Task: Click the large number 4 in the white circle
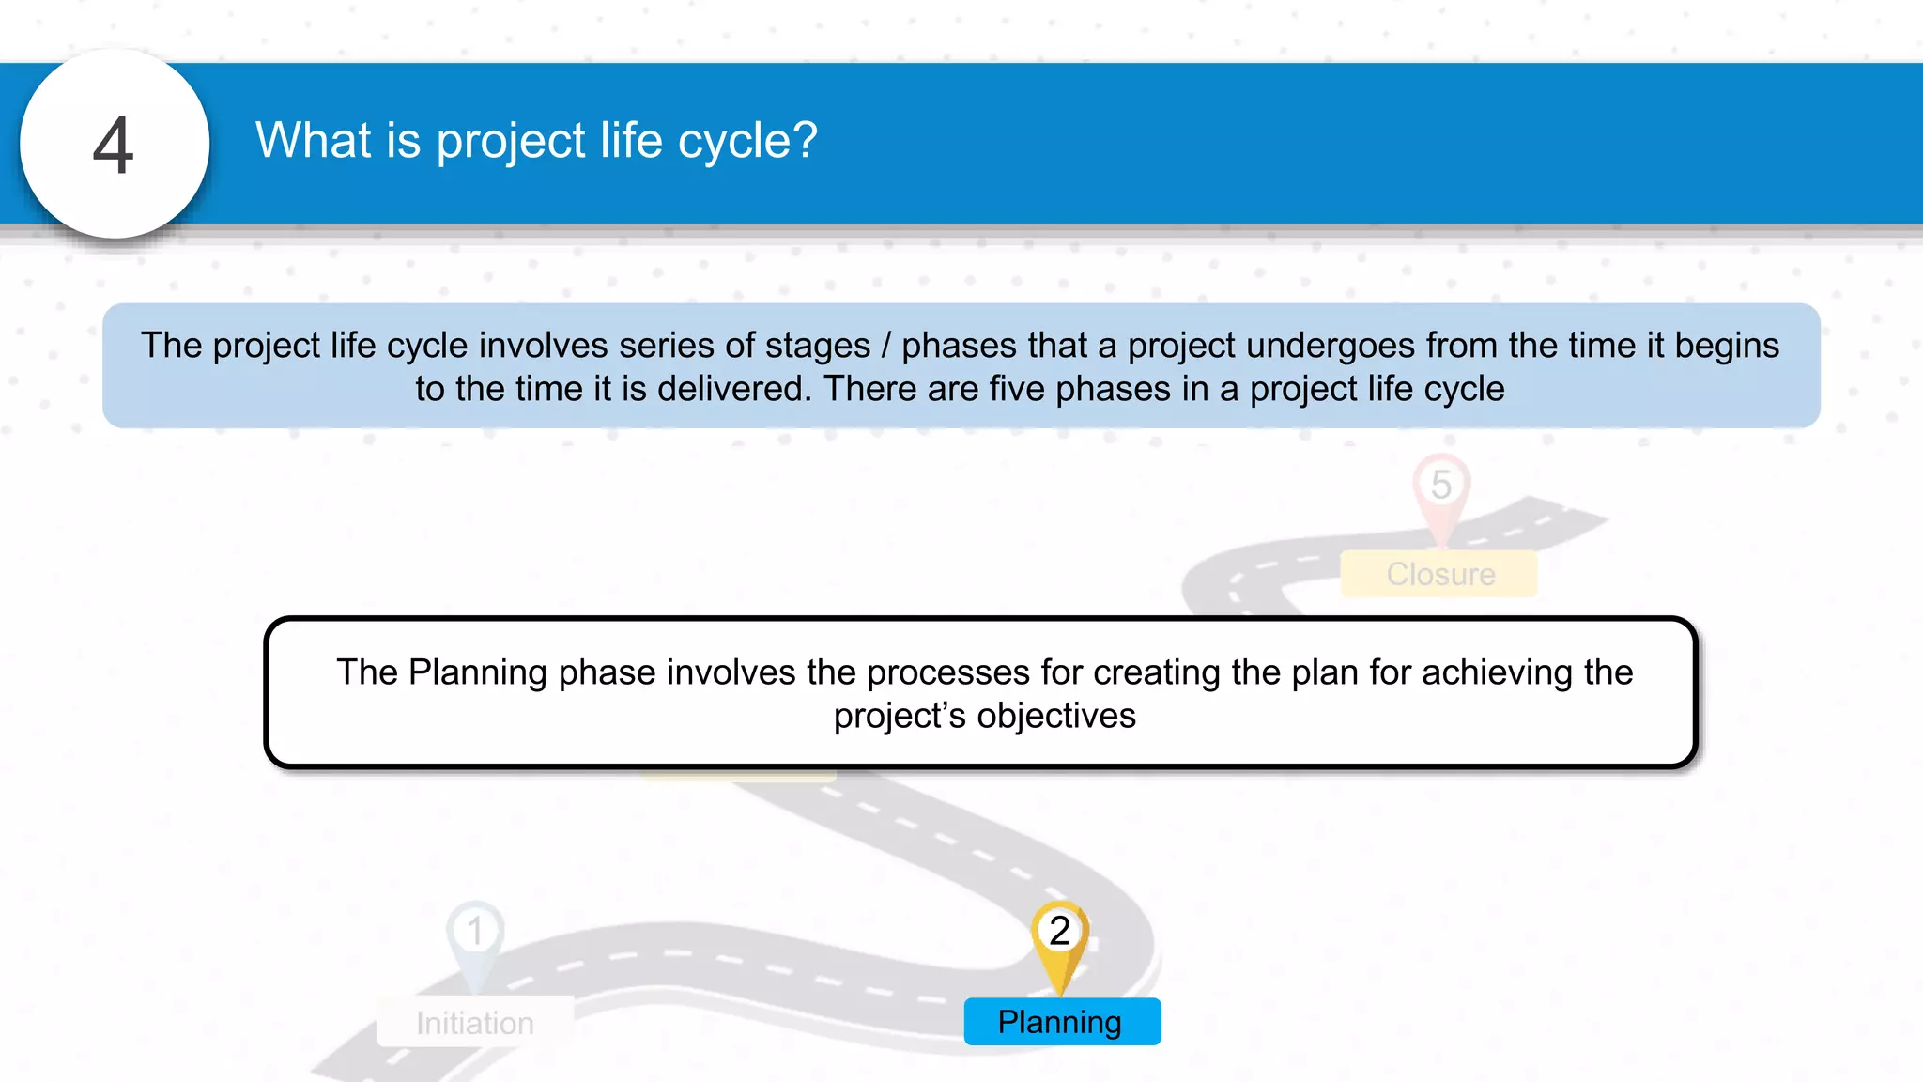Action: coord(114,146)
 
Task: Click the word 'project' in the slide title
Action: coord(511,142)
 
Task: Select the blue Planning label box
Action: coord(1062,1022)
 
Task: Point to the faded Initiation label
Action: coord(475,1022)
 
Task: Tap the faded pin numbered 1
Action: coord(475,935)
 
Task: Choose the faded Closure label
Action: coord(1439,574)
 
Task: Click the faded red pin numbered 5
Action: coord(1440,488)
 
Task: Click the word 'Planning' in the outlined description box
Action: coord(478,673)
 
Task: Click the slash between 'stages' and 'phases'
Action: coord(885,346)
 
